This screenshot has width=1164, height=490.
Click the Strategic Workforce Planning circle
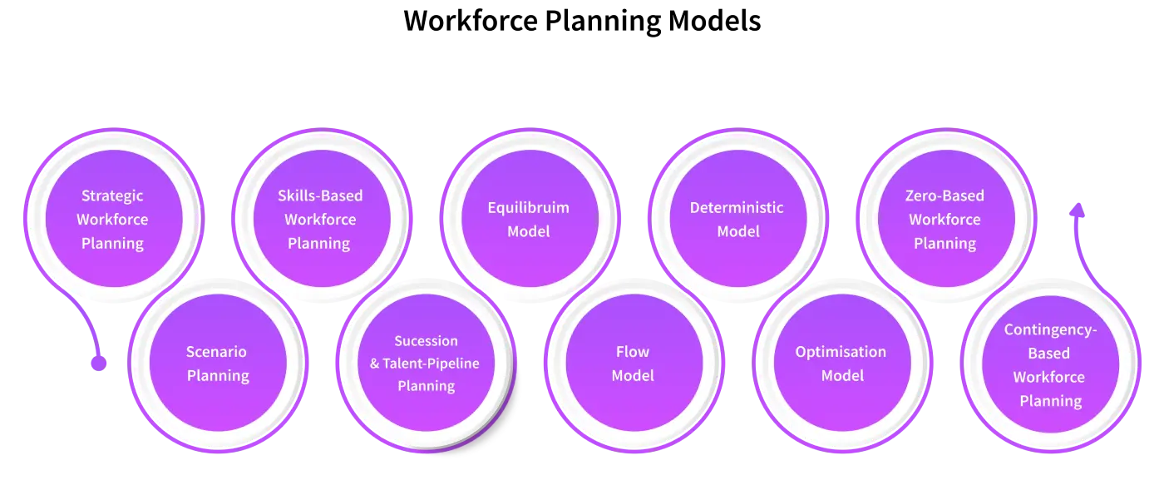pyautogui.click(x=112, y=219)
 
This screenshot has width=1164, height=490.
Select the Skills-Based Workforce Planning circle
pyautogui.click(x=320, y=219)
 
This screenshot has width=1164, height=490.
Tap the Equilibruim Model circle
pyautogui.click(x=529, y=219)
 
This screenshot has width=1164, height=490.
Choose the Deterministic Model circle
pyautogui.click(x=737, y=219)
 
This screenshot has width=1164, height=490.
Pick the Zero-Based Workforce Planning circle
pyautogui.click(x=945, y=219)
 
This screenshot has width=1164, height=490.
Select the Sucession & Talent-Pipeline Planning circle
pyautogui.click(x=426, y=364)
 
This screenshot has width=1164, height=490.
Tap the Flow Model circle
pyautogui.click(x=633, y=364)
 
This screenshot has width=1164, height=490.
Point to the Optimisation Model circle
pyautogui.click(x=841, y=364)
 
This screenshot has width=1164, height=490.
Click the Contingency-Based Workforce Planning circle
pyautogui.click(x=1050, y=364)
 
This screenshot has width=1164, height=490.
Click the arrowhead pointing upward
pyautogui.click(x=1078, y=210)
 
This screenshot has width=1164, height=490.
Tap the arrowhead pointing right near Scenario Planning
pyautogui.click(x=101, y=364)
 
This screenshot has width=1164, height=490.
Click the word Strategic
pyautogui.click(x=112, y=196)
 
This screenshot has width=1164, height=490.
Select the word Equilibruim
pyautogui.click(x=529, y=208)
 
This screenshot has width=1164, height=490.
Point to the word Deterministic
pyautogui.click(x=737, y=208)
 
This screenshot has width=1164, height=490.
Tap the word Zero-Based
pyautogui.click(x=945, y=196)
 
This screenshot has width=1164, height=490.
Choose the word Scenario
pyautogui.click(x=216, y=352)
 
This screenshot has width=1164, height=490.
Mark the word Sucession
pyautogui.click(x=426, y=341)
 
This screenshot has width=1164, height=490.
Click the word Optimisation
pyautogui.click(x=841, y=352)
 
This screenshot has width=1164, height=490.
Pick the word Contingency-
pyautogui.click(x=1050, y=330)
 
